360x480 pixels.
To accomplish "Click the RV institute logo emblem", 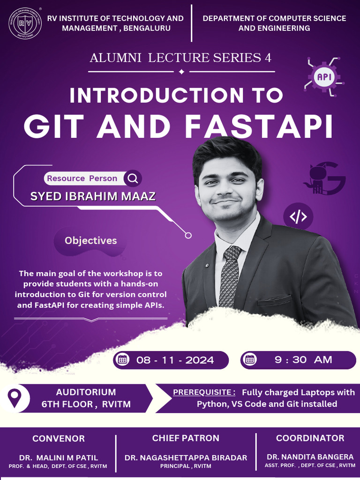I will pyautogui.click(x=25, y=23).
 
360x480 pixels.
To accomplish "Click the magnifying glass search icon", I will pyautogui.click(x=133, y=178).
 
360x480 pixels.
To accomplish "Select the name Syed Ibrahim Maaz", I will pyautogui.click(x=93, y=196).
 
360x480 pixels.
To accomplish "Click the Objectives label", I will pyautogui.click(x=90, y=240).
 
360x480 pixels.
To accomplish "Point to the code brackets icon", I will pyautogui.click(x=298, y=217).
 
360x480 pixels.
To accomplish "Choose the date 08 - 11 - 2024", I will pyautogui.click(x=175, y=360).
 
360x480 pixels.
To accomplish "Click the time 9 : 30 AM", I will pyautogui.click(x=303, y=360).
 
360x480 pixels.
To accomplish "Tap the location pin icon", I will pyautogui.click(x=15, y=398).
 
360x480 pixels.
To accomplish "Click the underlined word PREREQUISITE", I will pyautogui.click(x=204, y=392).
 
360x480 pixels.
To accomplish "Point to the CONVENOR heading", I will pyautogui.click(x=59, y=439).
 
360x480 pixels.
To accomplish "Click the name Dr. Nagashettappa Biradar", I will pyautogui.click(x=186, y=457).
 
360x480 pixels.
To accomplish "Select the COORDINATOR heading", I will pyautogui.click(x=310, y=438).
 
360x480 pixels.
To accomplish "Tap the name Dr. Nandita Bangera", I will pyautogui.click(x=310, y=457).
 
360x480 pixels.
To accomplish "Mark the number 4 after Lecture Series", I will pyautogui.click(x=268, y=58).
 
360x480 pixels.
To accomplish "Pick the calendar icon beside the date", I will pyautogui.click(x=123, y=360).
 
